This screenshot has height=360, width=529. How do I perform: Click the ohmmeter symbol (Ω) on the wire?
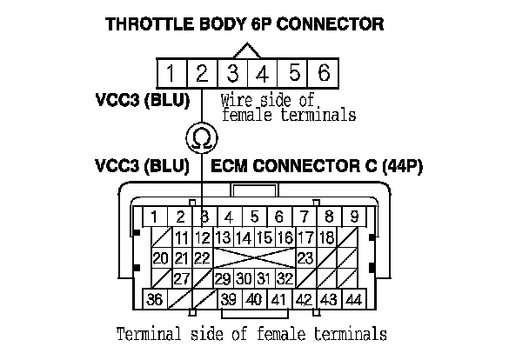coord(201,137)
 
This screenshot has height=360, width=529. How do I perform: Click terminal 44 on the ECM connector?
coord(353,299)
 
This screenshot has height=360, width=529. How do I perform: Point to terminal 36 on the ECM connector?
coord(155,299)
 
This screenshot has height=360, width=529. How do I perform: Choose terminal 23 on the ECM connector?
coord(305,258)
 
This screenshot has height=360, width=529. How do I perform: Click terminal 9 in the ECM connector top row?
coord(354,216)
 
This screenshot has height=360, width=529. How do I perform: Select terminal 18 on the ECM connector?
coord(327,237)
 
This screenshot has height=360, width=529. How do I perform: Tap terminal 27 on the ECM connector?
coord(182,279)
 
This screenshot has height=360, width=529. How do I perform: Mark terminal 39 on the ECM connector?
coord(229,299)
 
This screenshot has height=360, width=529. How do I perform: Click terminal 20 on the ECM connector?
coord(160,258)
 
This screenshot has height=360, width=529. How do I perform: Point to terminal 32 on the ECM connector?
coord(283,279)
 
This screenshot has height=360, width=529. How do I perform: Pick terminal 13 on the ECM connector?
coord(222,237)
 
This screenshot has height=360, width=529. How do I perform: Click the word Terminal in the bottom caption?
coord(152,333)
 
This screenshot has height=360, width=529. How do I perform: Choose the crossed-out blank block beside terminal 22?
coord(252,258)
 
